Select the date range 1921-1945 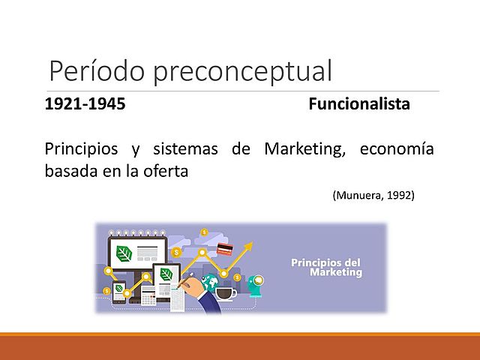(x=85, y=104)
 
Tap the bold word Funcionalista (x=359, y=104)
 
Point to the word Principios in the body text (x=80, y=149)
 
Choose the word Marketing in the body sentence (x=304, y=149)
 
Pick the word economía (x=396, y=149)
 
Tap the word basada (x=69, y=170)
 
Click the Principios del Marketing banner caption (x=326, y=268)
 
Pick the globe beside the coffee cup (x=212, y=283)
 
